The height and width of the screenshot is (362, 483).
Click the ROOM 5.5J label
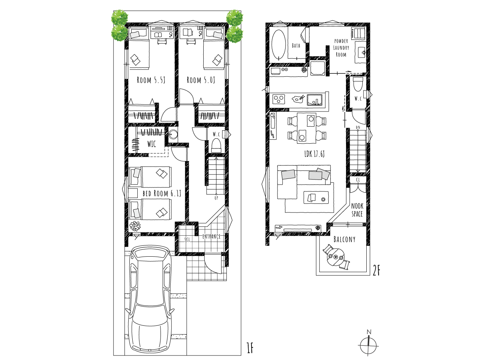[151, 80]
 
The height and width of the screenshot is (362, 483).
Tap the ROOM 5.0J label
[201, 80]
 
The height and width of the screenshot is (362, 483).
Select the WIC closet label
[151, 144]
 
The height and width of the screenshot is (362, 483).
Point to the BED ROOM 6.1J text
[162, 193]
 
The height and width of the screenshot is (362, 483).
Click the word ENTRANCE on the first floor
[211, 236]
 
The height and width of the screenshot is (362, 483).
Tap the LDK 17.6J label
[315, 154]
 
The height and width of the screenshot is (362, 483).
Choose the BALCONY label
[344, 239]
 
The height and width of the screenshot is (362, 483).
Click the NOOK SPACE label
[357, 210]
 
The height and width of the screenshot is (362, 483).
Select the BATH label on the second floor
[296, 46]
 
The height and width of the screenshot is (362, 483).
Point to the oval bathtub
[279, 45]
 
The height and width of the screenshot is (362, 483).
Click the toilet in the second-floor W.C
[358, 84]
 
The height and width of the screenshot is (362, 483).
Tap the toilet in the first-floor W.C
[216, 145]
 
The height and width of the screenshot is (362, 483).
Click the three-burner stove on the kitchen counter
[279, 99]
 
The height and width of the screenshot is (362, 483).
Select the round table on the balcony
[336, 257]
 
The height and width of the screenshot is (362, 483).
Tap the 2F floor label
[376, 271]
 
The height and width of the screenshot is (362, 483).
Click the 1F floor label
[250, 348]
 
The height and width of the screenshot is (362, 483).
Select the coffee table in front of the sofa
[316, 197]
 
